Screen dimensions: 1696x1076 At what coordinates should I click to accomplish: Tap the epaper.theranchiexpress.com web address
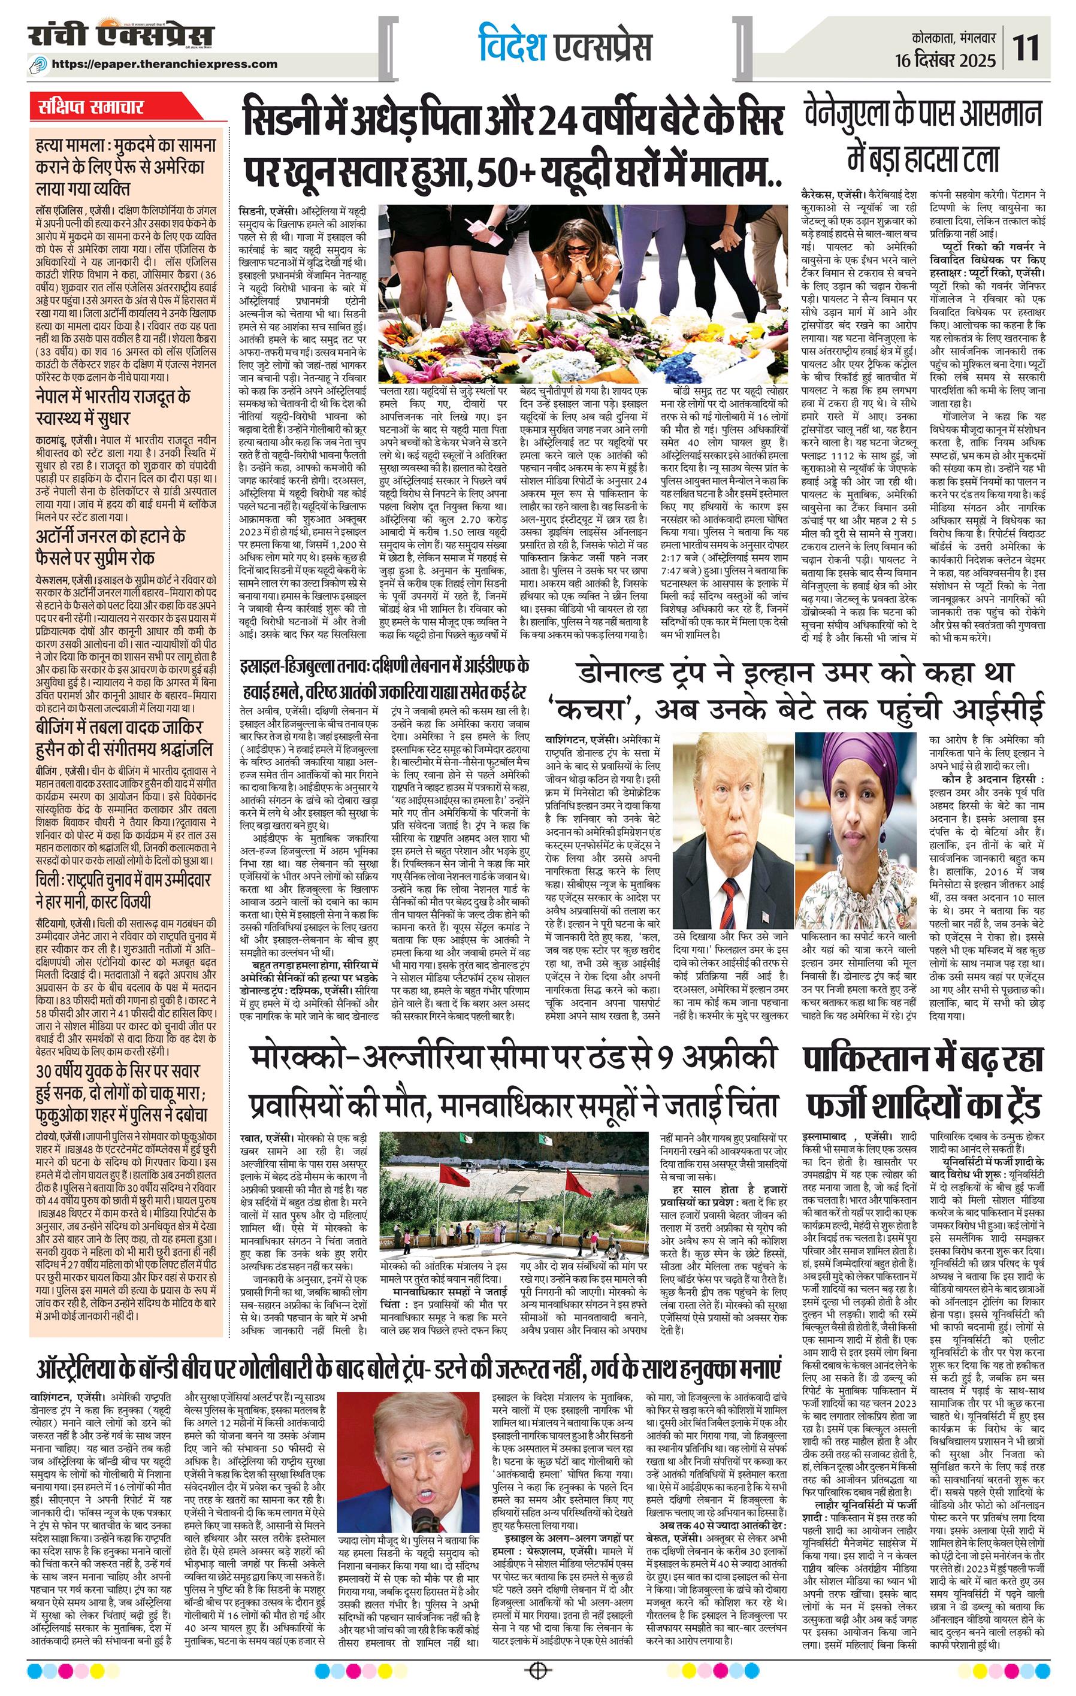(x=165, y=64)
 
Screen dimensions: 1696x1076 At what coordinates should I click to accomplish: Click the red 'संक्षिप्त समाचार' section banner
(x=92, y=108)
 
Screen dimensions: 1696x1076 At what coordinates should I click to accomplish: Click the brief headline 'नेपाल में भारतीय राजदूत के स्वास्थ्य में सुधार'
(x=113, y=407)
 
